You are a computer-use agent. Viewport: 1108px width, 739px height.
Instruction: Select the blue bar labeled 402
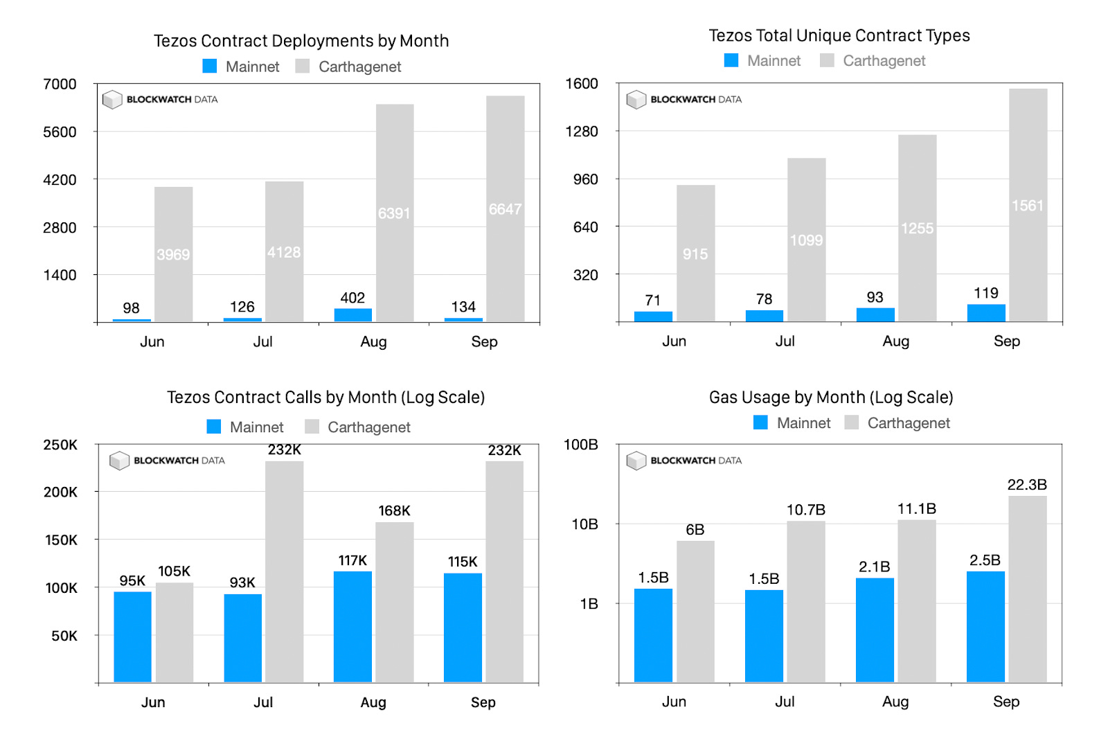tap(352, 314)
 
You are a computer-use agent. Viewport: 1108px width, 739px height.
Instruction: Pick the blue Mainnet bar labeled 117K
tap(352, 626)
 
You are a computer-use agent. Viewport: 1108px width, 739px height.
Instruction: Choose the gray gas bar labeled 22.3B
tap(1027, 589)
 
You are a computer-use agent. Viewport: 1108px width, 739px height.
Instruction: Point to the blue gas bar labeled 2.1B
tap(875, 630)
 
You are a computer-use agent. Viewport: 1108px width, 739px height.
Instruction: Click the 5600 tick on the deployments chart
tap(60, 132)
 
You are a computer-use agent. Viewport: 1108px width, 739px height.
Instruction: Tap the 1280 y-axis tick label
tap(582, 131)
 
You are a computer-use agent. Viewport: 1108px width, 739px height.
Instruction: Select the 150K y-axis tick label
tap(61, 540)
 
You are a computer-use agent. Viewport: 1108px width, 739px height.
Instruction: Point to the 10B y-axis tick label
tap(584, 524)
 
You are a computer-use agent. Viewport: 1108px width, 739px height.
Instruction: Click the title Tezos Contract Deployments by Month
tap(301, 41)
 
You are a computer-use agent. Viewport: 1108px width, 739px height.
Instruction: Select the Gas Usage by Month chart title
tap(831, 397)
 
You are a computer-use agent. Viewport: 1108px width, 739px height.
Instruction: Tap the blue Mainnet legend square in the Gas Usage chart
tap(760, 422)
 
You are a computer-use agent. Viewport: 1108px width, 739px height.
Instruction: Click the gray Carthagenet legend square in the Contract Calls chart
tap(312, 427)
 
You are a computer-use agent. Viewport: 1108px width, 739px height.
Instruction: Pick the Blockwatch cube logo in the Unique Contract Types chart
tap(636, 100)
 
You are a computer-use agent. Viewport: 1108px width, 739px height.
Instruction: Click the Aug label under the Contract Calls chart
tap(373, 702)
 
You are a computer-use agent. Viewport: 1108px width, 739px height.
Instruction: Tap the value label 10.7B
tap(806, 510)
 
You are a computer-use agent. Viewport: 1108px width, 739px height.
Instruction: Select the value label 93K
tap(242, 582)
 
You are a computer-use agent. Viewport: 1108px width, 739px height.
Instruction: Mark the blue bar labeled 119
tap(986, 312)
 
